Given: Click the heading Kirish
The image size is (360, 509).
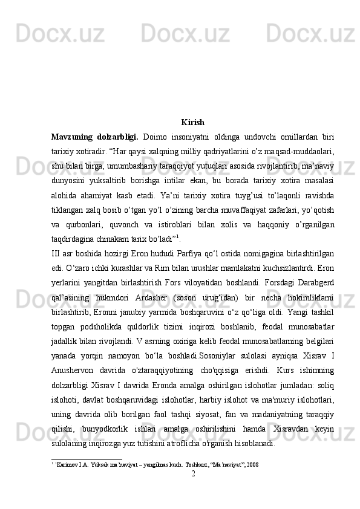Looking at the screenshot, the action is pyautogui.click(x=192, y=122).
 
